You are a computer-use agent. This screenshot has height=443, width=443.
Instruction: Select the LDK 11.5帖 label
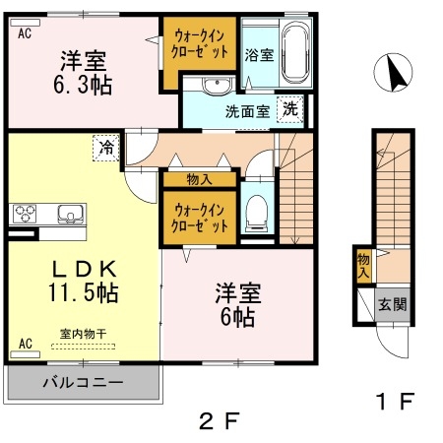click(x=84, y=281)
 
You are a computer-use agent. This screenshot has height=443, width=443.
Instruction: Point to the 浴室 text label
click(x=259, y=53)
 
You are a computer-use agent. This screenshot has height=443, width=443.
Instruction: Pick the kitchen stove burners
click(x=25, y=214)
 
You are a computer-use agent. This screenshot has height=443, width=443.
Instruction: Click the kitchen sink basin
click(x=70, y=214)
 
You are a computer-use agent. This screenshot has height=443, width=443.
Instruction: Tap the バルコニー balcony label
click(x=82, y=381)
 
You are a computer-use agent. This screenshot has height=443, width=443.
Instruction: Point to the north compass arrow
click(x=396, y=73)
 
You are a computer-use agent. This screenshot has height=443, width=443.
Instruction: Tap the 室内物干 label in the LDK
click(x=84, y=335)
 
